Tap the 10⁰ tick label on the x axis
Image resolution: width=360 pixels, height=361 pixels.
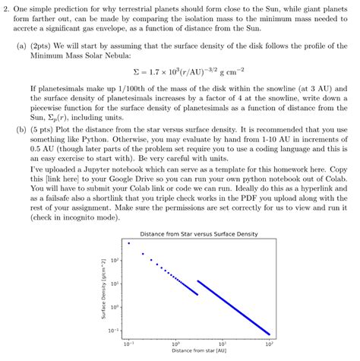pyautogui.click(x=175, y=342)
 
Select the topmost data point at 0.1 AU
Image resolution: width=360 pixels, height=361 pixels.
pyautogui.click(x=129, y=243)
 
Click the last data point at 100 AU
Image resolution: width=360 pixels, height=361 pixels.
pyautogui.click(x=270, y=334)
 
